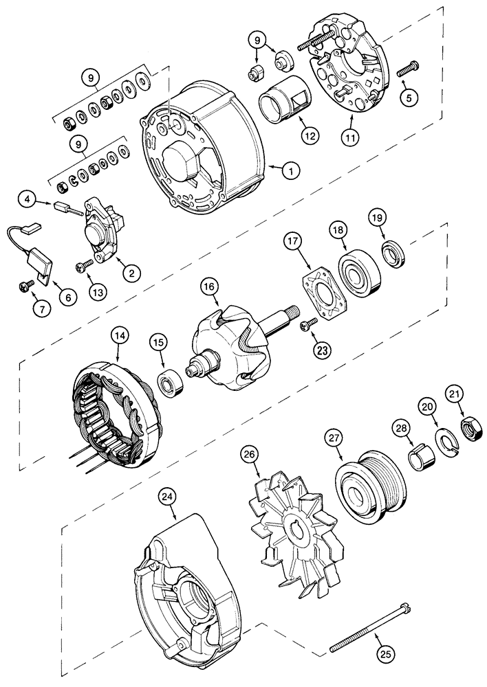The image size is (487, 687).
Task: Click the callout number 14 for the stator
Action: [119, 336]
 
